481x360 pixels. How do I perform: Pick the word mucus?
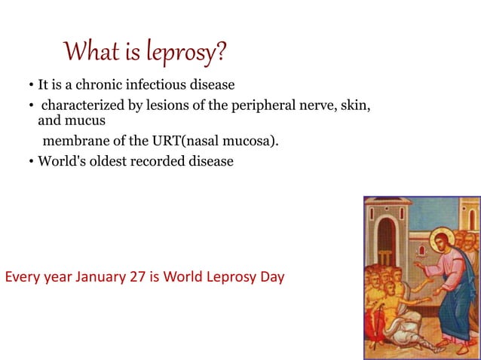84,120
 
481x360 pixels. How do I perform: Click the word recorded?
155,160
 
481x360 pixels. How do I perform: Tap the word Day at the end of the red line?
271,276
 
